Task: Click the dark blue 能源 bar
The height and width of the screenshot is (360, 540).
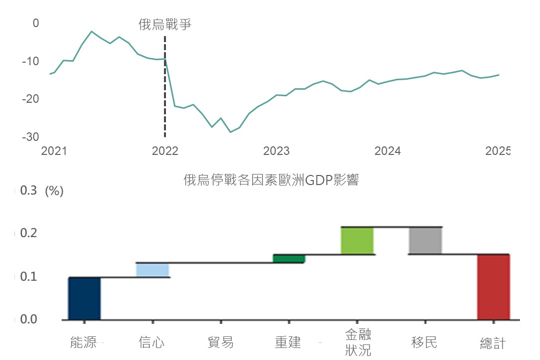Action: (x=84, y=298)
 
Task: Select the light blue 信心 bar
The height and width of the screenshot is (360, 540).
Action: (x=152, y=270)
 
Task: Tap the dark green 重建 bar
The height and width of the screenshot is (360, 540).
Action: (x=289, y=259)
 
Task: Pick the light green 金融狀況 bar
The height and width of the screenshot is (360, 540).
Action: (x=357, y=241)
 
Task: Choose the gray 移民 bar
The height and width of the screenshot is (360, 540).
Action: (x=425, y=241)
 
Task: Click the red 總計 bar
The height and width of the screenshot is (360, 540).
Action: (x=493, y=287)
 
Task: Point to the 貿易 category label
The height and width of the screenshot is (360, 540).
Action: (x=221, y=343)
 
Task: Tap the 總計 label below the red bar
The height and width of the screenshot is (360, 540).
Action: (x=493, y=343)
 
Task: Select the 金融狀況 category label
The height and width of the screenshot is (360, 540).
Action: (x=358, y=342)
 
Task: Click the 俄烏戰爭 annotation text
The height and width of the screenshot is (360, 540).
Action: (x=165, y=25)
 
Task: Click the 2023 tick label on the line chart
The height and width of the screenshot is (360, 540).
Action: (x=276, y=151)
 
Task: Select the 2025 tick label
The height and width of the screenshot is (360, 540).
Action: (x=498, y=151)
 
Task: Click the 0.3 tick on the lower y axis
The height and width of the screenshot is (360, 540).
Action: (x=29, y=191)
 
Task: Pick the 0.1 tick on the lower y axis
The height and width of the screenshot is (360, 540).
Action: (x=29, y=277)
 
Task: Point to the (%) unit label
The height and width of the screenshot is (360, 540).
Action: (x=54, y=192)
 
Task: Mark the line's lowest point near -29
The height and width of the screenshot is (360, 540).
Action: (x=230, y=132)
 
